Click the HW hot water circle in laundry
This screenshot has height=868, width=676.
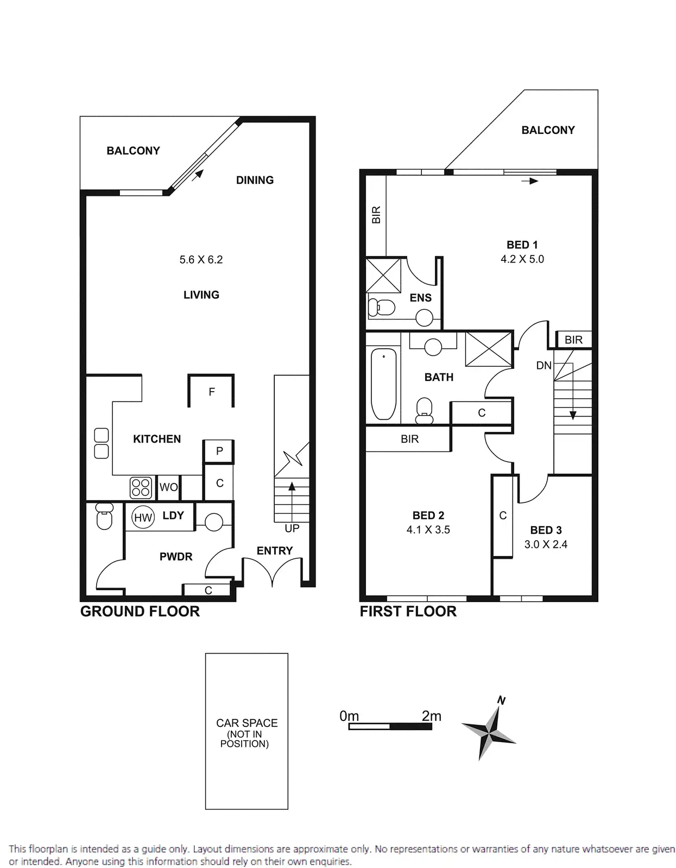pos(143,518)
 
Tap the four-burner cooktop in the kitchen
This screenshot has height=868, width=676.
pos(141,487)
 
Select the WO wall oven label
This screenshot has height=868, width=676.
pos(168,487)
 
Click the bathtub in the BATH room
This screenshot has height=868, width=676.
pos(383,384)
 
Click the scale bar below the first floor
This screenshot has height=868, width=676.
pos(390,726)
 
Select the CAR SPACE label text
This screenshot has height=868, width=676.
pos(247,723)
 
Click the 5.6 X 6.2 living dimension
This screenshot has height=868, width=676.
pos(201,259)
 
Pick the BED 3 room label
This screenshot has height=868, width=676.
pos(546,530)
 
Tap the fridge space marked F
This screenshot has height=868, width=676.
pos(212,392)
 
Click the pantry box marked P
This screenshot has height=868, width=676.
pos(219,451)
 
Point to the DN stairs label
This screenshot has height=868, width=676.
pos(544,366)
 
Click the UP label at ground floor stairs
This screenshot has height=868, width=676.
pos(292,528)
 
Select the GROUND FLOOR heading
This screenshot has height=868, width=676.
pos(140,611)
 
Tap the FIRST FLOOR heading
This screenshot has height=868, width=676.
pos(408,611)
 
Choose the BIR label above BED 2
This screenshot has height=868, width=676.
pos(409,439)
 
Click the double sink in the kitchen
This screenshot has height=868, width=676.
pos(102,443)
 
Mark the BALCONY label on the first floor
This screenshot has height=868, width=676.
pos(548,130)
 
